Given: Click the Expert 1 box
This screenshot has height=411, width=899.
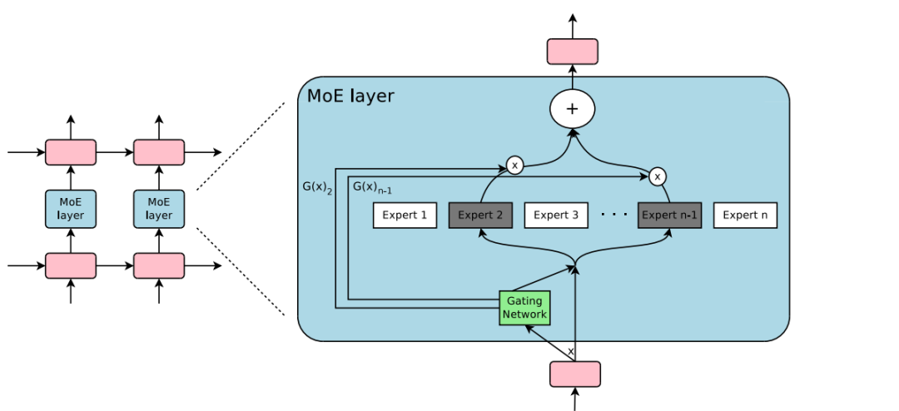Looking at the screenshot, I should click(x=405, y=215).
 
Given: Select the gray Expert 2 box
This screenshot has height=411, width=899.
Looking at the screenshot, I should click(x=480, y=215).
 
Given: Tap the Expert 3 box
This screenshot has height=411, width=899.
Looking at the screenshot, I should click(x=556, y=215).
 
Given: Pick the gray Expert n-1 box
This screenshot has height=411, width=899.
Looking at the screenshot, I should click(x=669, y=215).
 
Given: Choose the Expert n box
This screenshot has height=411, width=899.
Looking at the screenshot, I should click(x=745, y=215).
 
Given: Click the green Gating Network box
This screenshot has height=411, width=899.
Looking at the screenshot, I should click(x=524, y=308).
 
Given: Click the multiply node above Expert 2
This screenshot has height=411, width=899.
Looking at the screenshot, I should click(x=514, y=166).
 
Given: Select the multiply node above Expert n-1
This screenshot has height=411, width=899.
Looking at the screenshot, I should click(x=658, y=176).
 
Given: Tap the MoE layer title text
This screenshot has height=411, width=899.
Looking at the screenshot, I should click(x=350, y=96).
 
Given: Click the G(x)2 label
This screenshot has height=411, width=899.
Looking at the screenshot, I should click(x=317, y=187).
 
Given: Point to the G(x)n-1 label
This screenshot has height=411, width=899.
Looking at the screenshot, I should click(x=372, y=187).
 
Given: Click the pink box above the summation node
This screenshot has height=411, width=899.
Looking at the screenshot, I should click(x=573, y=52).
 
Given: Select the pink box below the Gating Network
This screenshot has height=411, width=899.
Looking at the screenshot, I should click(x=574, y=374).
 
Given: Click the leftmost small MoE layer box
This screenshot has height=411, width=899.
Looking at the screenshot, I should click(x=71, y=209).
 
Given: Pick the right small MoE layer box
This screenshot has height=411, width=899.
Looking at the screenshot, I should click(x=159, y=209).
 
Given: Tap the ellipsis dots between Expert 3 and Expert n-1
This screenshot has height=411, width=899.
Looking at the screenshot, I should click(x=613, y=215).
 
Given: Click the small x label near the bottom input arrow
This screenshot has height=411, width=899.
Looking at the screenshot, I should click(x=570, y=352).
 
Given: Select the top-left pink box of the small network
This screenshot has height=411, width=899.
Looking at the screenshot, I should click(x=71, y=152).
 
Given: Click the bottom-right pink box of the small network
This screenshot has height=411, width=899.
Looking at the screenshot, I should click(x=159, y=265).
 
